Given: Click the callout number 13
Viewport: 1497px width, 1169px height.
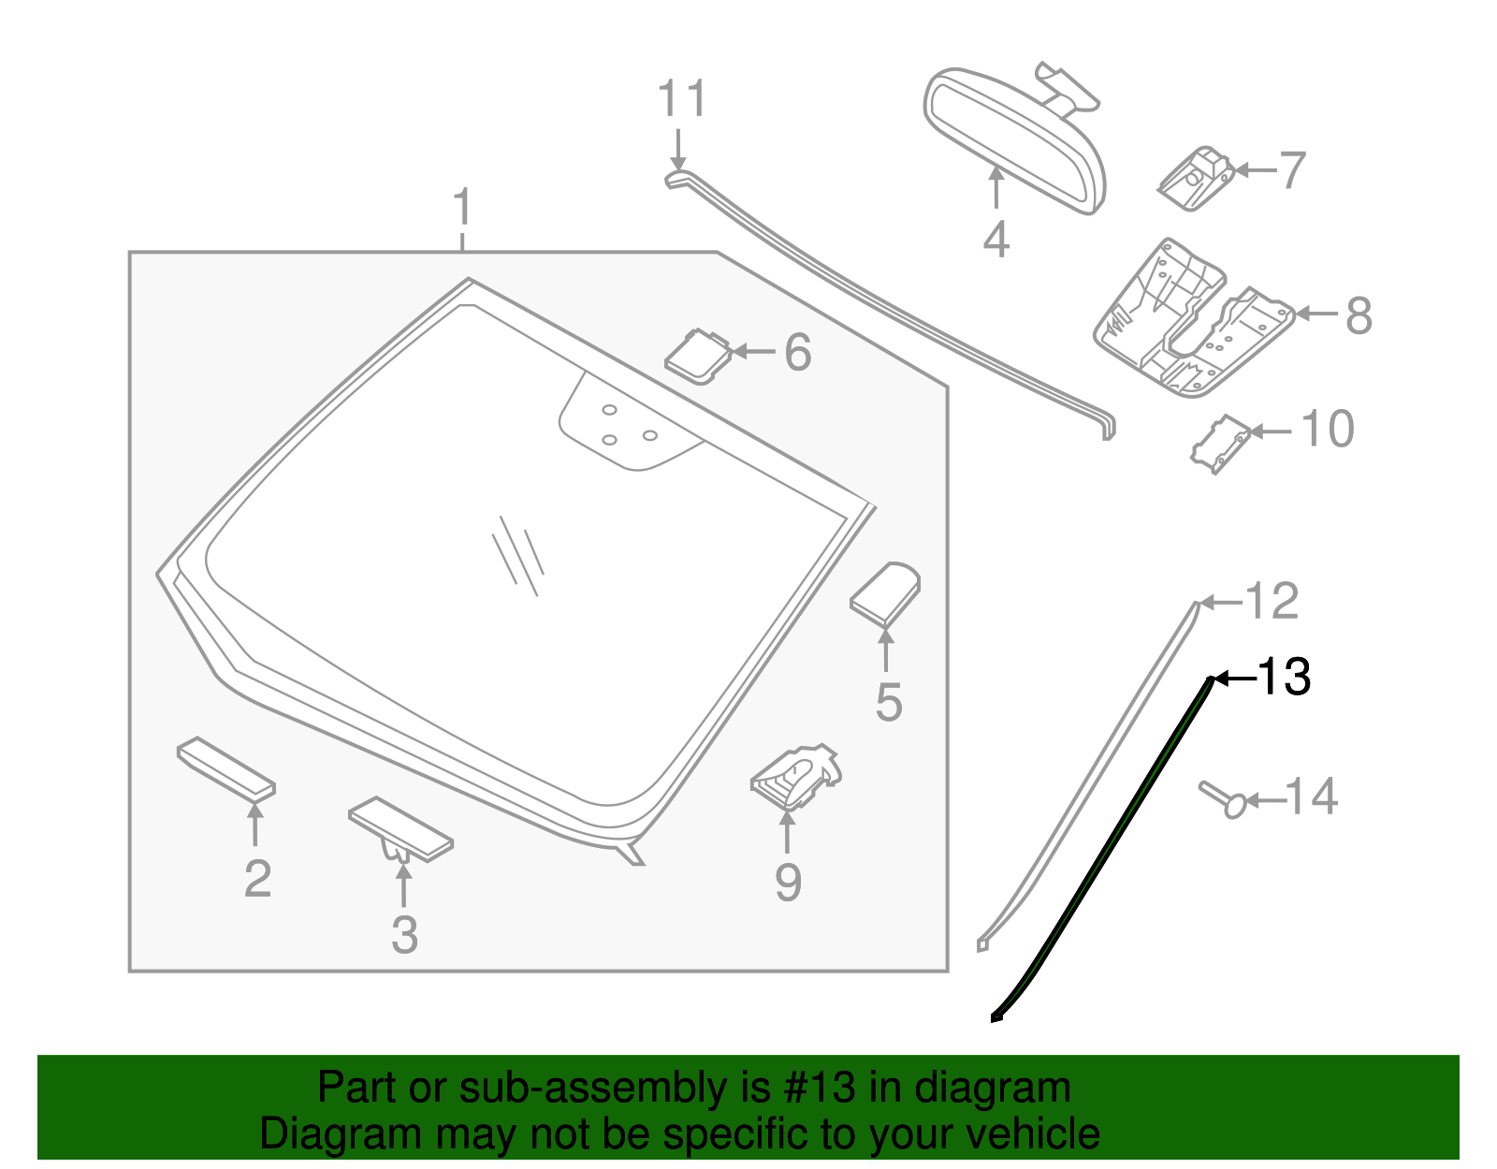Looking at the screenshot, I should [1285, 677].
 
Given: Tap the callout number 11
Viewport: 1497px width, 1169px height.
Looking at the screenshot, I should [682, 99].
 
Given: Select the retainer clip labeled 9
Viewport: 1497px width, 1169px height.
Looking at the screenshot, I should [796, 776].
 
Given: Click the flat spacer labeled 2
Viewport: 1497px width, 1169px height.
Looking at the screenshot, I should [225, 768].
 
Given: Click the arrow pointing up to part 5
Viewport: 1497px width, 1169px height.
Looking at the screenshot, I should [885, 650].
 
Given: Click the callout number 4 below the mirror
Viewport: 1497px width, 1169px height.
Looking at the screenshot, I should [996, 240].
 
